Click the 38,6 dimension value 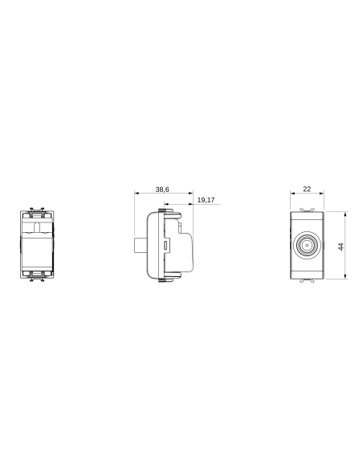(162, 189)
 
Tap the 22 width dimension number (307, 189)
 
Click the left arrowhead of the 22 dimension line (292, 194)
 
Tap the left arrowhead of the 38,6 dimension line (136, 194)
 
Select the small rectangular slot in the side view (166, 244)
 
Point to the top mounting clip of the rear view (35, 214)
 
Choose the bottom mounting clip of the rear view (35, 277)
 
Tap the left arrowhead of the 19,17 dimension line (164, 204)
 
